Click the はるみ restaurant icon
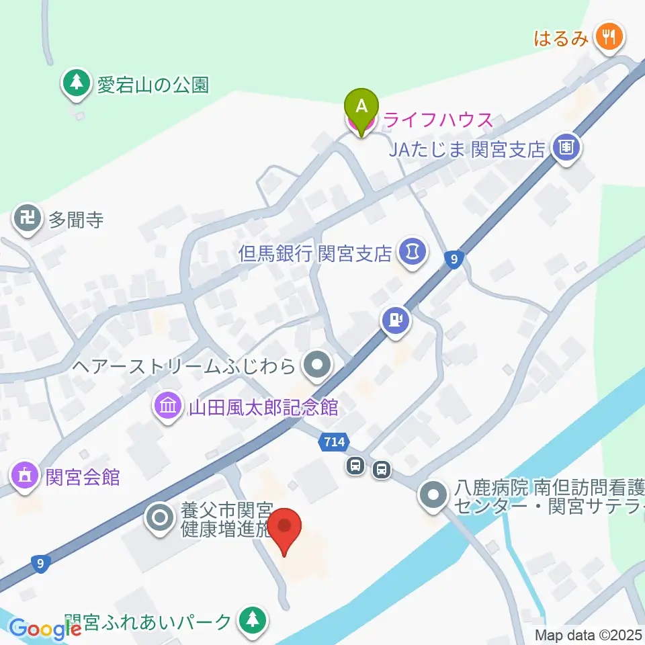click(609, 36)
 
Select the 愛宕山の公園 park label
click(153, 85)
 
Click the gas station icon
click(396, 319)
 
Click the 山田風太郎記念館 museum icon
click(165, 406)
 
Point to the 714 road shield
click(335, 441)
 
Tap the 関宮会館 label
click(83, 478)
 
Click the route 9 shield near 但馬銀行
click(455, 258)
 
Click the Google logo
click(45, 629)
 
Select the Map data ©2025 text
click(589, 635)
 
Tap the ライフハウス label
click(438, 122)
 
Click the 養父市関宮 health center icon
click(160, 518)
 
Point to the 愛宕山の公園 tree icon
click(77, 83)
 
